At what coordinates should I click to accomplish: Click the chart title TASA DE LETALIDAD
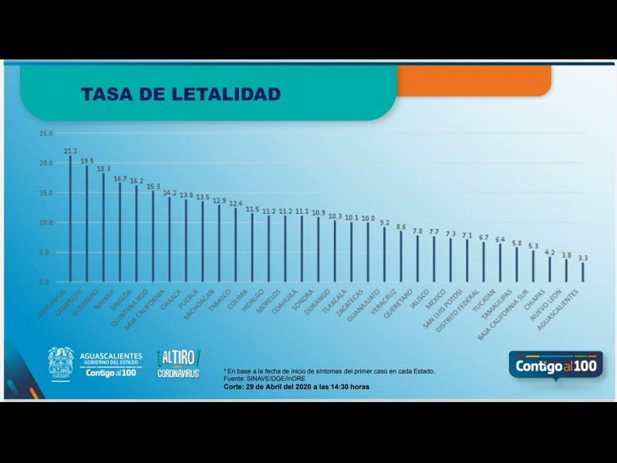pyautogui.click(x=181, y=94)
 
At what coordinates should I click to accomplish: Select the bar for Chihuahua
pyautogui.click(x=70, y=220)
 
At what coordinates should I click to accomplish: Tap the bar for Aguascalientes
pyautogui.click(x=583, y=272)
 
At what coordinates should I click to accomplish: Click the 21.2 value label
pyautogui.click(x=70, y=151)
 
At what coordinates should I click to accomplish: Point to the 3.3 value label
pyautogui.click(x=583, y=258)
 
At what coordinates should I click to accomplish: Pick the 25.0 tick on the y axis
pyautogui.click(x=46, y=133)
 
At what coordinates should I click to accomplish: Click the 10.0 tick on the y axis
pyautogui.click(x=46, y=223)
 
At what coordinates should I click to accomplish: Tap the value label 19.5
pyautogui.click(x=86, y=161)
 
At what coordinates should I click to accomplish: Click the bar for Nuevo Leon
pyautogui.click(x=566, y=271)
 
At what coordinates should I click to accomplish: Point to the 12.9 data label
pyautogui.click(x=219, y=201)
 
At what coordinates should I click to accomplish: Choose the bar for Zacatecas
pyautogui.click(x=368, y=252)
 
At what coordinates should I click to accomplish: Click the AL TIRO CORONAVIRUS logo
pyautogui.click(x=178, y=363)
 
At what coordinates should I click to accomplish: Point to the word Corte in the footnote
pyautogui.click(x=234, y=386)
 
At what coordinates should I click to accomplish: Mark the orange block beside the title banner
pyautogui.click(x=474, y=80)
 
